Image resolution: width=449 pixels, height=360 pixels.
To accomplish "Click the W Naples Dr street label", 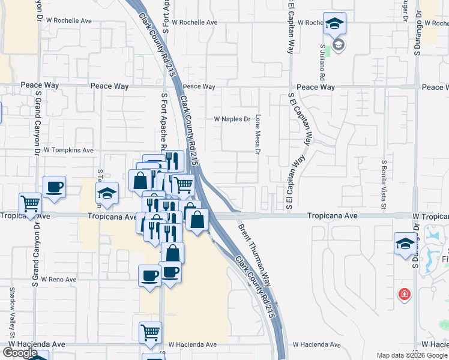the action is (232, 119).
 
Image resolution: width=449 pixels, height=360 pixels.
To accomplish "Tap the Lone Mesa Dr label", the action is (258, 134).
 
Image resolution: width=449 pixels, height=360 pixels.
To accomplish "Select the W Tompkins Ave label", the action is (68, 150).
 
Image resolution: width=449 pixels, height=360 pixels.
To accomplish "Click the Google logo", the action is (20, 353).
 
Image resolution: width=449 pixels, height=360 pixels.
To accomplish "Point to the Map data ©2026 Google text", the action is (412, 355).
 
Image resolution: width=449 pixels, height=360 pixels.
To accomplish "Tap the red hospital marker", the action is (405, 294).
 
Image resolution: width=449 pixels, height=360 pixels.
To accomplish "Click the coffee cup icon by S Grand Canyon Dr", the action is (54, 187).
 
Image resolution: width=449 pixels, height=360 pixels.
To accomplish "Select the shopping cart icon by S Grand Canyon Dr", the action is (30, 203).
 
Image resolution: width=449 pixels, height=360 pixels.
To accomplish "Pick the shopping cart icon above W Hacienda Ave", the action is (150, 332).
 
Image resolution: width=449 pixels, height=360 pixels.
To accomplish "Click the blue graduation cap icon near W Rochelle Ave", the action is (334, 23).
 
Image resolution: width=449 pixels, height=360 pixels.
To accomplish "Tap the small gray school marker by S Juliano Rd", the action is (339, 45).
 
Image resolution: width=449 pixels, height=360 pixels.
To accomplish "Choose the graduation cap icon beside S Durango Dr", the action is (405, 244).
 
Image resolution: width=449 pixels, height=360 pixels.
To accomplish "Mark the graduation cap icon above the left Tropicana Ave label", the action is (107, 193).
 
